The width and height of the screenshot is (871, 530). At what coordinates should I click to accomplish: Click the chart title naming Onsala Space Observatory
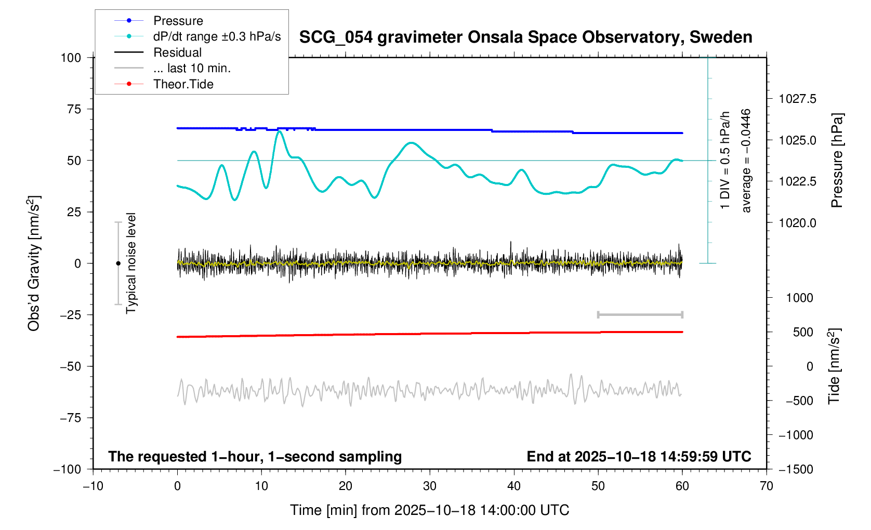[x=525, y=37]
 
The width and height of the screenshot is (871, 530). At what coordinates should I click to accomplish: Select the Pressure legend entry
[x=178, y=21]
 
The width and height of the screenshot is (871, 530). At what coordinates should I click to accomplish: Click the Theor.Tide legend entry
[x=183, y=84]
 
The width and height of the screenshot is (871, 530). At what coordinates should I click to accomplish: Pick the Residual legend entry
[x=177, y=52]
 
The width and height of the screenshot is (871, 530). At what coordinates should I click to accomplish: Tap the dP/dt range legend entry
[x=217, y=36]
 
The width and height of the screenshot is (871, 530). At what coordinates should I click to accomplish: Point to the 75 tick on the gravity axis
[x=74, y=109]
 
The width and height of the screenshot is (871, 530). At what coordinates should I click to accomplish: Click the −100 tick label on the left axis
[x=68, y=469]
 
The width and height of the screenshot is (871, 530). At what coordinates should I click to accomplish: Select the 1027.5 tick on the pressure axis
[x=797, y=99]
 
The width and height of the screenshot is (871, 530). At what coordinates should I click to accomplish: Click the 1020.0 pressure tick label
[x=797, y=223]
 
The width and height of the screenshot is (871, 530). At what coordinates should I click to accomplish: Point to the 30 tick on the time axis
[x=430, y=486]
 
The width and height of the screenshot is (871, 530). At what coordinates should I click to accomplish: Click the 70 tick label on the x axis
[x=767, y=486]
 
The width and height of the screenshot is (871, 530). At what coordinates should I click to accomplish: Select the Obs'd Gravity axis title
[x=34, y=263]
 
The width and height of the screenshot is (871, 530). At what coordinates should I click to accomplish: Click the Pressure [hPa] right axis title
[x=836, y=161]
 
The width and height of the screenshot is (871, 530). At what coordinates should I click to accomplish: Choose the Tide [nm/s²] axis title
[x=834, y=366]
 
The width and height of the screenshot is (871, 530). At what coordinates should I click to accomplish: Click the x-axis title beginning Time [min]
[x=429, y=510]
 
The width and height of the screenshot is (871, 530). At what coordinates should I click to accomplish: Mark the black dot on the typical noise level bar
[x=118, y=263]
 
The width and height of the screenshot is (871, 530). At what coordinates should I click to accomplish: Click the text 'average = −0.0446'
[x=746, y=161]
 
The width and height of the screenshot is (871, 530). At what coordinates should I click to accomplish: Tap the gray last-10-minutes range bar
[x=640, y=314]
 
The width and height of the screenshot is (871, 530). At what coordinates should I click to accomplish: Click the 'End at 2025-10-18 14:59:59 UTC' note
[x=639, y=457]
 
